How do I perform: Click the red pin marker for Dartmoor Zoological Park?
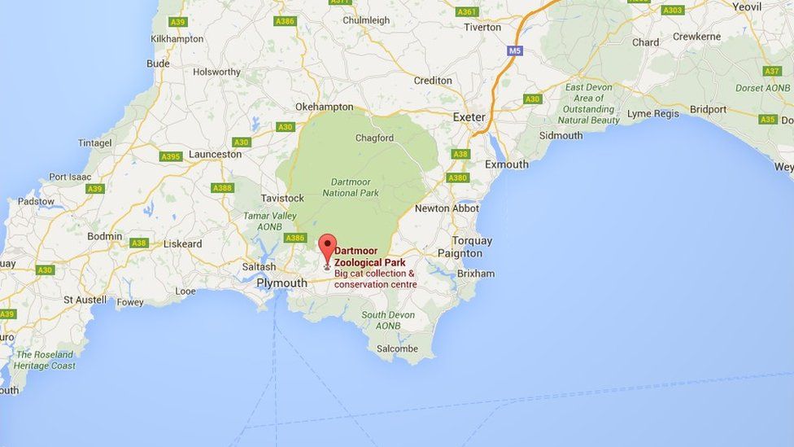point(327,248)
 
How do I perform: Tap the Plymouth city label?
point(281,283)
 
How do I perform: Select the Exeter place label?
point(469,117)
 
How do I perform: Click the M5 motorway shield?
point(514,50)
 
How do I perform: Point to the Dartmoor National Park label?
point(351,187)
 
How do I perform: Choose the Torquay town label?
point(472,241)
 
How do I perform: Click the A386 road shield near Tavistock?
point(295,238)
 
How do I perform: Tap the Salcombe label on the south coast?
point(397,348)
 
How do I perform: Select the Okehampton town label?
point(324,107)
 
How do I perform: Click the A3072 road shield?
point(341,2)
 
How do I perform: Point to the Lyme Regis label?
point(652,114)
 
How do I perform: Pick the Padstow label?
point(36,201)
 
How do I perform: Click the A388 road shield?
point(222,188)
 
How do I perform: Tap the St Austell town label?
point(85,300)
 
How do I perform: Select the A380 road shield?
point(457,177)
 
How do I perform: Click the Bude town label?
point(158,64)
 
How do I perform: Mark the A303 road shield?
point(672,11)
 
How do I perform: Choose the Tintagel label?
point(95,142)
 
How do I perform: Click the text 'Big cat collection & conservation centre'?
point(375,279)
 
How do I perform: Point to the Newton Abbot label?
point(447,208)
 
